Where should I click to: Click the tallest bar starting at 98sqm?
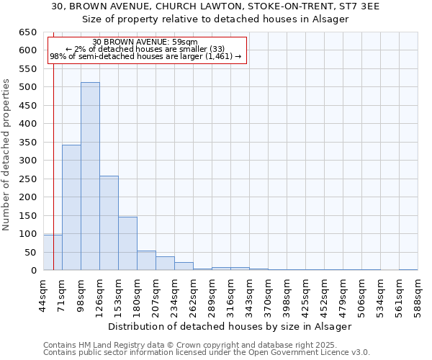point(90,176)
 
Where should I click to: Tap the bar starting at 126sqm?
point(109,223)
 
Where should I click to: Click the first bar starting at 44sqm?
point(53,253)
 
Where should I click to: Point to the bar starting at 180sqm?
point(146,261)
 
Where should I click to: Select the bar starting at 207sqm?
point(165,264)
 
